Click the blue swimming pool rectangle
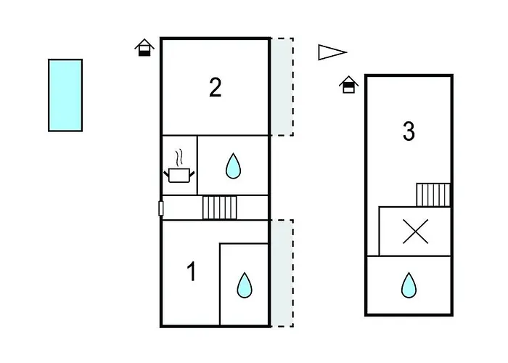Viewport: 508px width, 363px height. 65,95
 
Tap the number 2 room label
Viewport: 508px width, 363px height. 216,88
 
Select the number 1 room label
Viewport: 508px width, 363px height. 192,272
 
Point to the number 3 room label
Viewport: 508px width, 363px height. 409,131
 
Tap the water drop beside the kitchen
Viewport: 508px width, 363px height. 233,166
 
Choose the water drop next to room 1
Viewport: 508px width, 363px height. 245,285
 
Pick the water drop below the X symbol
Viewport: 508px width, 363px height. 409,285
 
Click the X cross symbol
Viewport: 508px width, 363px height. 415,232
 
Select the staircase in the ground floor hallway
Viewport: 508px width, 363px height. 220,208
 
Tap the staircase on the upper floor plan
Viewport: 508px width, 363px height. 433,195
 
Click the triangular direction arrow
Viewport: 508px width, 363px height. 332,52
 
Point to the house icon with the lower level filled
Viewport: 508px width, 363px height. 144,48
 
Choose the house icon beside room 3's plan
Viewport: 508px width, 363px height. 348,85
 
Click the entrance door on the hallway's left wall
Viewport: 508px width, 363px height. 160,208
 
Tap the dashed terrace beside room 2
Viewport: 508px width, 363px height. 282,87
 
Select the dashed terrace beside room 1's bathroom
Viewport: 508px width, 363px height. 282,273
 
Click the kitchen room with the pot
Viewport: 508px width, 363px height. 179,166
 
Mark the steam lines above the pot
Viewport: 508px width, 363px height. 179,158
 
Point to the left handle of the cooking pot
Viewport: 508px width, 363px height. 166,174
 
